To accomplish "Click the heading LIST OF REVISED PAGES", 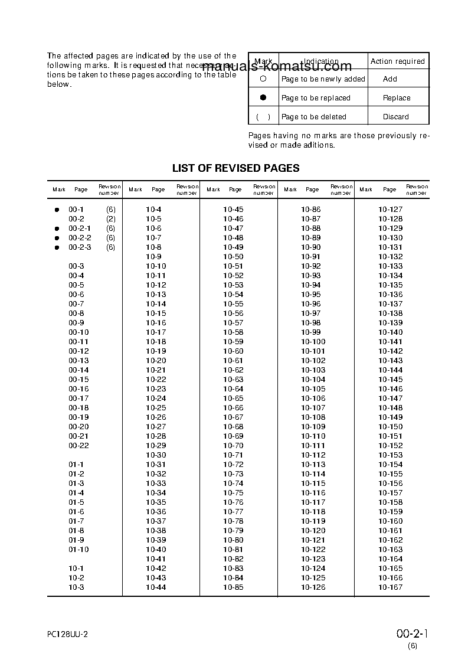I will coord(235,168).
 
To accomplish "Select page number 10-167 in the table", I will coord(390,587).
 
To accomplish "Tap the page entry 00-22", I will coord(78,446).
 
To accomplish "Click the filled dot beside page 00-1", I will coord(57,210).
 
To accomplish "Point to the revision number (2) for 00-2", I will coord(110,219).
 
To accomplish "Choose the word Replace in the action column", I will coord(397,98).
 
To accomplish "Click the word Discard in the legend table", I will coord(395,117).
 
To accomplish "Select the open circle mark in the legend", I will coord(263,79).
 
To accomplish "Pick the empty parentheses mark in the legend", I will coord(263,117).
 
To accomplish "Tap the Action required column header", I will coord(397,61).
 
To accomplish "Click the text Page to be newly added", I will coord(323,79).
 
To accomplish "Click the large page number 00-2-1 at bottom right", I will coord(411,634).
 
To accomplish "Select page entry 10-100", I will coord(313,342).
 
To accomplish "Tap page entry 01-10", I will coord(78,550).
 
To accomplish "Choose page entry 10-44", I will coord(156,587).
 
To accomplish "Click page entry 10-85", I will coord(233,587).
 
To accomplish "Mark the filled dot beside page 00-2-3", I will coord(57,247).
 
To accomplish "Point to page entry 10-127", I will coord(390,210).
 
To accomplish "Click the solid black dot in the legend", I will coord(263,97).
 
